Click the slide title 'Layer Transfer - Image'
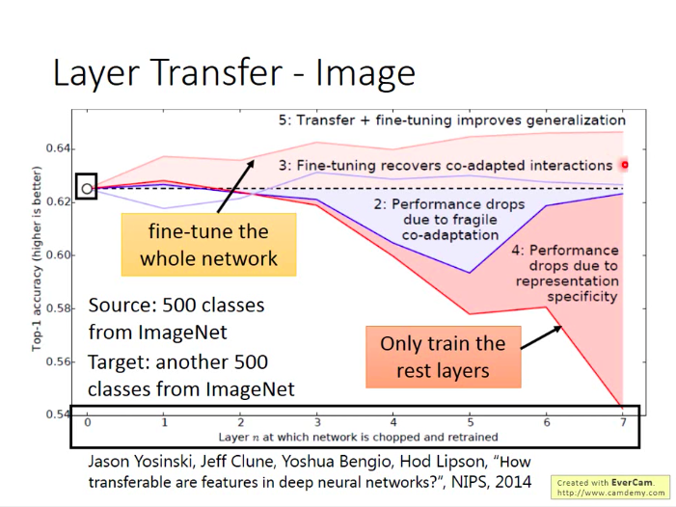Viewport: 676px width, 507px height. click(233, 73)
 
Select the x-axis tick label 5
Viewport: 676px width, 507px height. click(470, 422)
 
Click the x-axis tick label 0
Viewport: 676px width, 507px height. click(87, 422)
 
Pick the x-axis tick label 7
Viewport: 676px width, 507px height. click(622, 422)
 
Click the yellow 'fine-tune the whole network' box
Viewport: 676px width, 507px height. click(208, 245)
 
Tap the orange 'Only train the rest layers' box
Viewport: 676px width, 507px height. click(443, 357)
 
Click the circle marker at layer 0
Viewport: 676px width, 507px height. click(87, 189)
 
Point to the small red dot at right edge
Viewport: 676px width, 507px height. click(625, 164)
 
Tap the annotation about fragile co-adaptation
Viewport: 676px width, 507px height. click(449, 218)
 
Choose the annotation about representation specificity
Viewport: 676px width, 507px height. click(566, 273)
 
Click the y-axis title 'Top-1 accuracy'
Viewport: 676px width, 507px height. click(38, 259)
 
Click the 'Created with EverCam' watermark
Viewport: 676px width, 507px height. click(610, 486)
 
